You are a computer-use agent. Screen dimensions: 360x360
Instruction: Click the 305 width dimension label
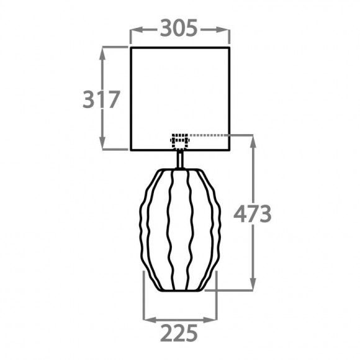click(179, 28)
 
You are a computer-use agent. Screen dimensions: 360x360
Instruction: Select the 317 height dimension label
click(101, 99)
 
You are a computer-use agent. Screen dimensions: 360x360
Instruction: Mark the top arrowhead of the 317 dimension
click(104, 51)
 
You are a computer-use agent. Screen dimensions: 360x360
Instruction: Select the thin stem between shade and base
click(180, 160)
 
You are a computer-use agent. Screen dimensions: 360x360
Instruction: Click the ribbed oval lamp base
click(179, 230)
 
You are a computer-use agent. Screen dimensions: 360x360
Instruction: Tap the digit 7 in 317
click(112, 99)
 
